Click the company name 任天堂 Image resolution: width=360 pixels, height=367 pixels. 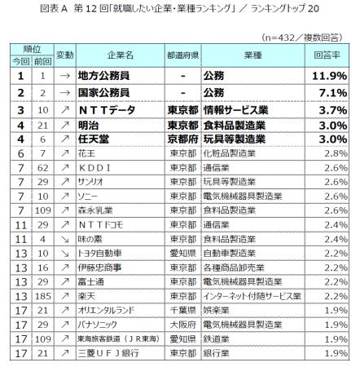(96, 139)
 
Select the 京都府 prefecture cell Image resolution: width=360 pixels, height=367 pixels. (183, 139)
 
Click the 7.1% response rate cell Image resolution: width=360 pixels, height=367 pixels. (331, 93)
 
